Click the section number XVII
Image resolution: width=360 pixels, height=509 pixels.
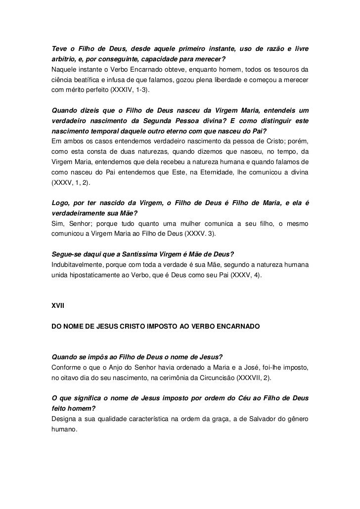coord(58,306)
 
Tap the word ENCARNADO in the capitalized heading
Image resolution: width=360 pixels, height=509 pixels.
coord(244,327)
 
